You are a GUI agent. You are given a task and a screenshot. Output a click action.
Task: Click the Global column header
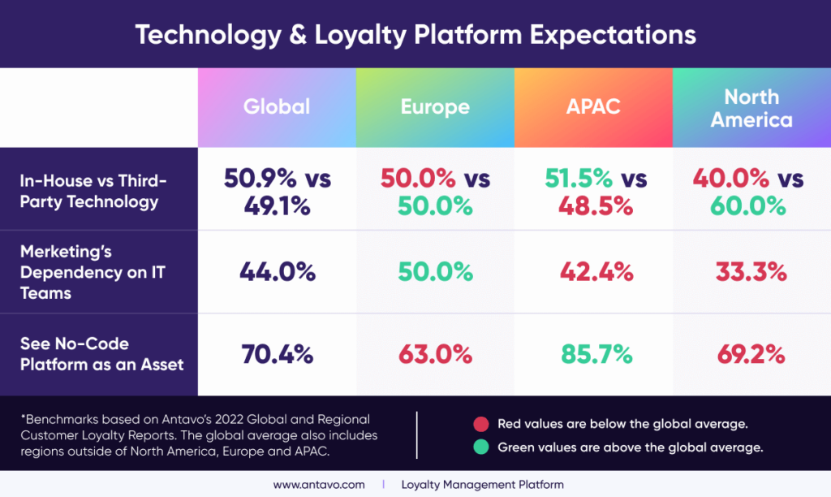tap(277, 106)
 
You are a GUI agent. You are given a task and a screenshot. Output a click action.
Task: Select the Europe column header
tap(435, 106)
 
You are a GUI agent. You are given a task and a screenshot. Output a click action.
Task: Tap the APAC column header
tap(593, 106)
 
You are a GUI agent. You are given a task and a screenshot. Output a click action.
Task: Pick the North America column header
tap(751, 108)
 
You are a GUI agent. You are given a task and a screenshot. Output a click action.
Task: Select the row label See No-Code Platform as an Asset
tap(101, 354)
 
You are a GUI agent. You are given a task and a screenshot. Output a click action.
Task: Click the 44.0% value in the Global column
tap(277, 272)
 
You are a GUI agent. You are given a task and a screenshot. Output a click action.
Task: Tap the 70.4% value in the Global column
tap(277, 355)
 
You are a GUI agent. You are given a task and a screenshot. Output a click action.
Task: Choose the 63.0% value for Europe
tap(435, 355)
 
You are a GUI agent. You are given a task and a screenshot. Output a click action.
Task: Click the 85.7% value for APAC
tap(593, 355)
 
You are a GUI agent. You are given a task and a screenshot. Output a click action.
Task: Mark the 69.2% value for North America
tap(751, 355)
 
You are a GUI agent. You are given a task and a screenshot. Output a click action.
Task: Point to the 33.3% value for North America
tap(751, 272)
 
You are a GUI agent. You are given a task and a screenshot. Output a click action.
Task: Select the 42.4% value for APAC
tap(593, 272)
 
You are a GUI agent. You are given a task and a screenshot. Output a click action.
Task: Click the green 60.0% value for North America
tap(751, 205)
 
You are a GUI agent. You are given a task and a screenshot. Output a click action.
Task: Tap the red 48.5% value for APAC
tap(593, 205)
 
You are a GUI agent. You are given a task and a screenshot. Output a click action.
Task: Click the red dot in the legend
tap(480, 423)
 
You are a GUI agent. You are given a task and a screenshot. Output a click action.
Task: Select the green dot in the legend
tap(480, 447)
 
